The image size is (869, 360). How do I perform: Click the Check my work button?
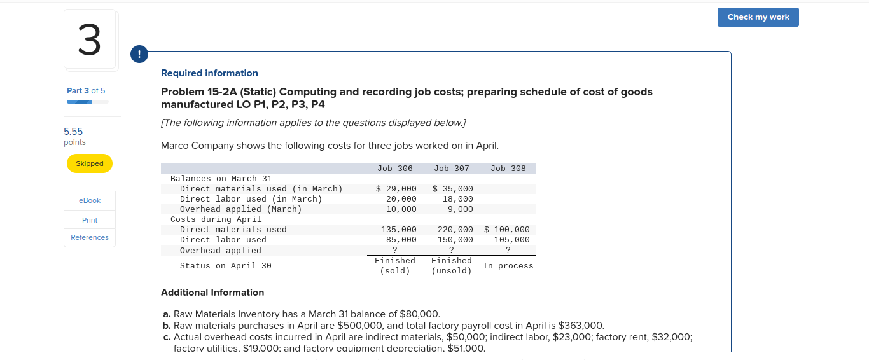click(758, 17)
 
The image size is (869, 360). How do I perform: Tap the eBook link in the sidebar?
click(90, 200)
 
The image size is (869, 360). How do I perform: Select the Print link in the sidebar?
click(90, 220)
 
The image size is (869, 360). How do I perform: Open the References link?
click(90, 237)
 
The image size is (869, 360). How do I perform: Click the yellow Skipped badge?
click(90, 163)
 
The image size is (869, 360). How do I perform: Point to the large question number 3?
click(90, 39)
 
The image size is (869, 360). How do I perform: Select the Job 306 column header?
click(395, 169)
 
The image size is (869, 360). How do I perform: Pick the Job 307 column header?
click(452, 169)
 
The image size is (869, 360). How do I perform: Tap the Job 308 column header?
click(508, 169)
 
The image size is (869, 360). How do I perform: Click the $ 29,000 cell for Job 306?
click(396, 189)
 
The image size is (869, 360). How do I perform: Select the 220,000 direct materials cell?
click(455, 230)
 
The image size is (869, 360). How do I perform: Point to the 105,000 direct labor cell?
click(511, 240)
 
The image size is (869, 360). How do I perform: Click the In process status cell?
click(508, 266)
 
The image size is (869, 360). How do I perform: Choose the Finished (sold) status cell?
click(395, 266)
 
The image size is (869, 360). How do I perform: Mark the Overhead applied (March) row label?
click(240, 209)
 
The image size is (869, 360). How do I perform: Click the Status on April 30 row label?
click(225, 266)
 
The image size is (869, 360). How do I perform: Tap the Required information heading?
click(209, 73)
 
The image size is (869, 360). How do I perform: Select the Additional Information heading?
click(212, 293)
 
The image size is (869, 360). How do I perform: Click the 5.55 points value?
click(73, 132)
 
